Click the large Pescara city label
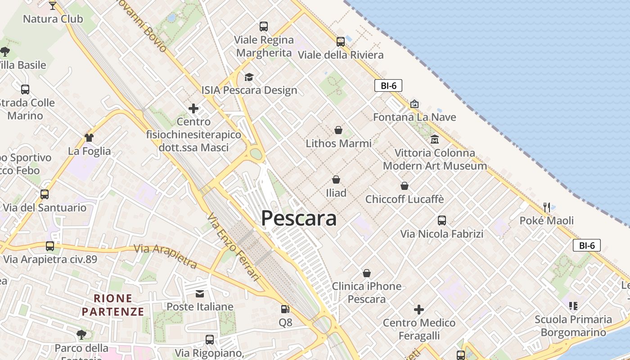299,219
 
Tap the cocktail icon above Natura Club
53,5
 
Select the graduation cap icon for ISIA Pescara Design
249,77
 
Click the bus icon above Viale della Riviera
341,42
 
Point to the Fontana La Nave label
414,117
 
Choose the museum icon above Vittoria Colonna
434,139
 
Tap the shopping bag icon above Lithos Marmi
338,130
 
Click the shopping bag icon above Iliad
336,180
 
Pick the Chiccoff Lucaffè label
405,199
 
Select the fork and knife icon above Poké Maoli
547,207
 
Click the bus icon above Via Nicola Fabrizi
442,220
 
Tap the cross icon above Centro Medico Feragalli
419,310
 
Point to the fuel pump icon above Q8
285,309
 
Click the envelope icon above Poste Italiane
200,294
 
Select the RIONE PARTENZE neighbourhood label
113,305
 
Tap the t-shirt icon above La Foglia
89,138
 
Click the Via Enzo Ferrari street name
234,247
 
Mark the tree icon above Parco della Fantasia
81,334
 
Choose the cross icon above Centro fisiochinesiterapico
193,108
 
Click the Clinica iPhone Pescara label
366,292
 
